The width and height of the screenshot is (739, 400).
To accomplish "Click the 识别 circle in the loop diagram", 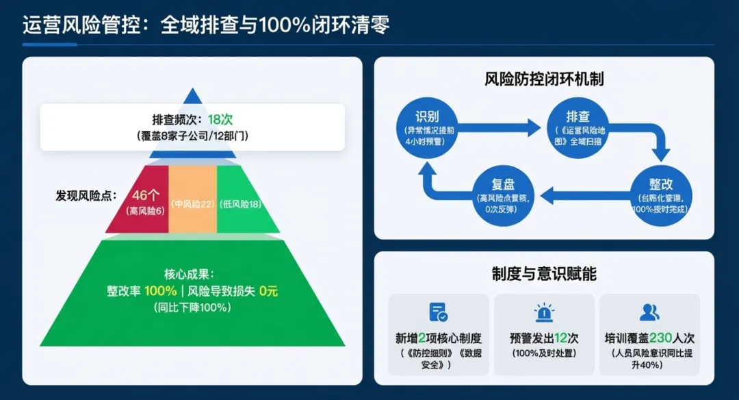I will [x=427, y=128].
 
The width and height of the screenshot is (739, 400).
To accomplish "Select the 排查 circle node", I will [x=578, y=128].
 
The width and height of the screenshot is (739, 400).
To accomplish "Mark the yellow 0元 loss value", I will [x=268, y=290].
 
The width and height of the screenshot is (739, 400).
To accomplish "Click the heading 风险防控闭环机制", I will [x=543, y=79].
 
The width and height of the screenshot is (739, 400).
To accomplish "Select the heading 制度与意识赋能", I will [x=543, y=274].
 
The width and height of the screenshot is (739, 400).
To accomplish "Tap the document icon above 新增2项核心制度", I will [x=438, y=312].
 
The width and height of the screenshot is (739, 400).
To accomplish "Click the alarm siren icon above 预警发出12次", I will [x=544, y=312].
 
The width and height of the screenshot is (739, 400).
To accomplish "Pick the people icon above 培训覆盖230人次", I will [x=649, y=312].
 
